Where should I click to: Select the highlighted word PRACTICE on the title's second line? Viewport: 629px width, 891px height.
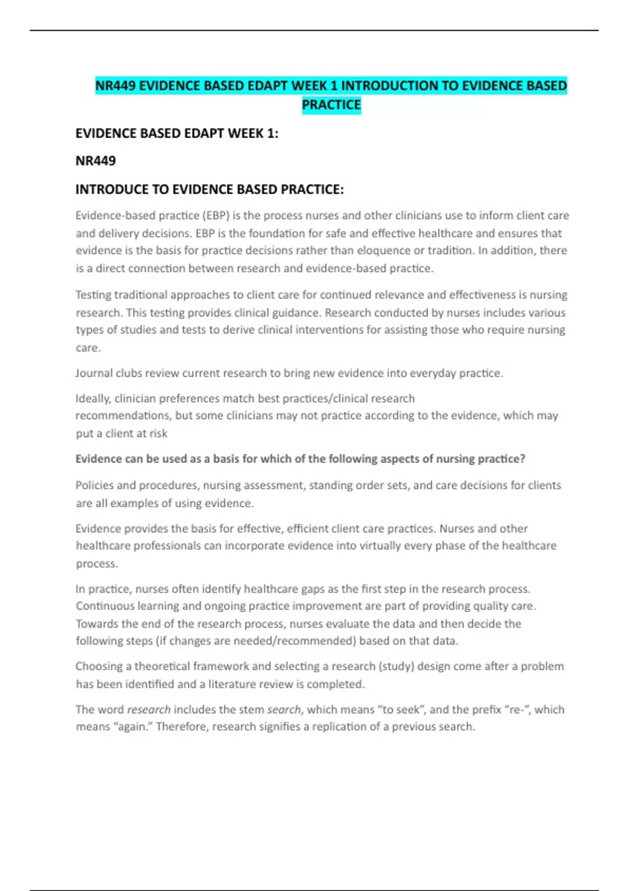pyautogui.click(x=331, y=105)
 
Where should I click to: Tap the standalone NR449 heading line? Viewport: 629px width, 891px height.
pyautogui.click(x=95, y=161)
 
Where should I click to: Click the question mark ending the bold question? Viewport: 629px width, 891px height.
pyautogui.click(x=522, y=459)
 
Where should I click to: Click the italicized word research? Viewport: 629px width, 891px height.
pyautogui.click(x=149, y=710)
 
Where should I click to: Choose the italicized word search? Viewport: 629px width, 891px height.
pyautogui.click(x=284, y=710)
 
